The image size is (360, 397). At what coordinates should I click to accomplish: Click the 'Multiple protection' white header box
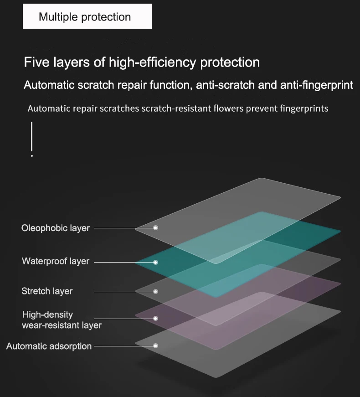(87, 16)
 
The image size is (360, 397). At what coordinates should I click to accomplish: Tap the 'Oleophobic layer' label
(56, 228)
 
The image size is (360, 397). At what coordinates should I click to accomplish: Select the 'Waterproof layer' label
(56, 261)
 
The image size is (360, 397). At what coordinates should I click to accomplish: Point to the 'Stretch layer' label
(47, 291)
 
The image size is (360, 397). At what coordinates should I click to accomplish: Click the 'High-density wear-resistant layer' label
(62, 320)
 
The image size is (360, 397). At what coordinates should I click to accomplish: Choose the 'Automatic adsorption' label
(49, 346)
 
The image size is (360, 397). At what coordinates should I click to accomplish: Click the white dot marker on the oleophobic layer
(155, 228)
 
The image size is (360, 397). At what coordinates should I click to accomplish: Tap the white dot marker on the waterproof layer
(155, 262)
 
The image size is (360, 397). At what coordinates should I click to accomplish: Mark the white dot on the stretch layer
(155, 292)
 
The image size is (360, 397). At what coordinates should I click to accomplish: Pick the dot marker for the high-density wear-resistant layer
(155, 319)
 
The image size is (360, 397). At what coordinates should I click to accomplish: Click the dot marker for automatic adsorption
(155, 346)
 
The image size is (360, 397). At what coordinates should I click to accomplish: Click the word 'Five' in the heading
(36, 62)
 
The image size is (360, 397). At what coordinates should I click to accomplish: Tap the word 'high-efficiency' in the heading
(152, 63)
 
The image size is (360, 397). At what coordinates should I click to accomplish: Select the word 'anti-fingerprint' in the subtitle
(316, 85)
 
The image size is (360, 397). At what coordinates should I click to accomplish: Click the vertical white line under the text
(31, 136)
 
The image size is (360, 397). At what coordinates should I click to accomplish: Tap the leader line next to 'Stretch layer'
(123, 292)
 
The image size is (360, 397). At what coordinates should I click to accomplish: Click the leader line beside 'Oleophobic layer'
(123, 228)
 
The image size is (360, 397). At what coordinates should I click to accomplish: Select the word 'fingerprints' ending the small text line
(304, 109)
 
